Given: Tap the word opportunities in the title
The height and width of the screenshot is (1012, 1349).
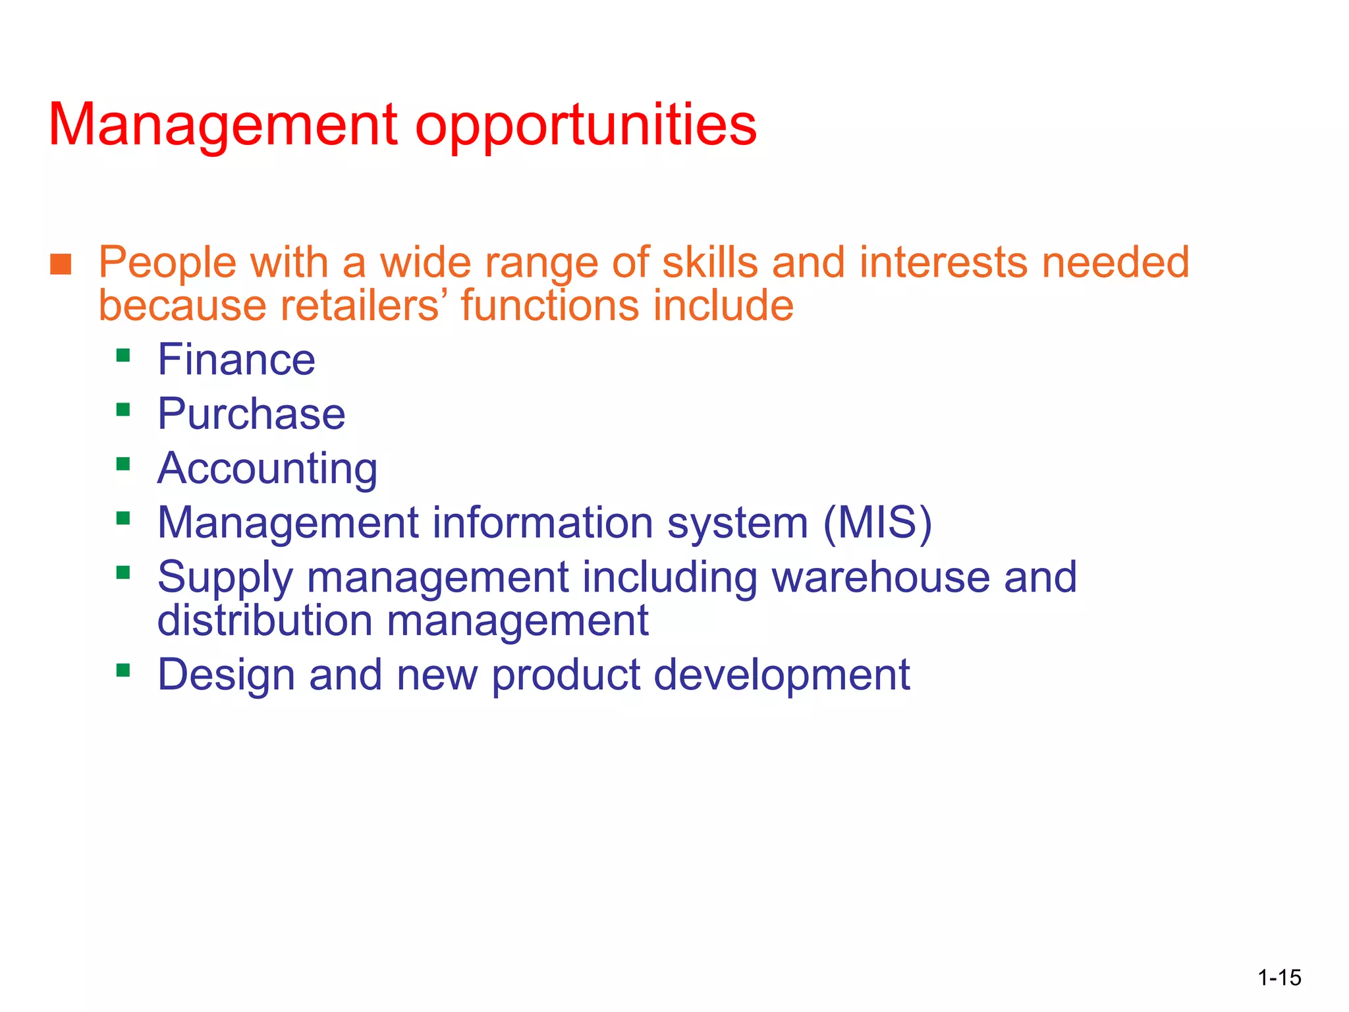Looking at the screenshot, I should pyautogui.click(x=586, y=126).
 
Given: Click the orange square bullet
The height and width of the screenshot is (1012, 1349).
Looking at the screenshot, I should pyautogui.click(x=61, y=264).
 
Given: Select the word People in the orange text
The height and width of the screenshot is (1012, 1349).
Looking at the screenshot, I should pyautogui.click(x=167, y=264).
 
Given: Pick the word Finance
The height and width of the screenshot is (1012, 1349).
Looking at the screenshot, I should pyautogui.click(x=236, y=360).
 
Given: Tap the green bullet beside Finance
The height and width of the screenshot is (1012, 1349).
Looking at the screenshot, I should pyautogui.click(x=123, y=356).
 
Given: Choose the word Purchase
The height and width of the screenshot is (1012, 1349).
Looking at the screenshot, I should pyautogui.click(x=251, y=414).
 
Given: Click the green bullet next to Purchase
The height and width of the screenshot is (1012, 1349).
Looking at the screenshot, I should pyautogui.click(x=123, y=410).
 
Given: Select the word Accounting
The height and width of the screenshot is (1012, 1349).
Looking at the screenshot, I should pyautogui.click(x=267, y=469).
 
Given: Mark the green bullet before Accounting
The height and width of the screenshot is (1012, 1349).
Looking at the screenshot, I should pyautogui.click(x=123, y=464).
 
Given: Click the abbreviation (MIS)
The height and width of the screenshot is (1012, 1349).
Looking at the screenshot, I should pyautogui.click(x=877, y=522).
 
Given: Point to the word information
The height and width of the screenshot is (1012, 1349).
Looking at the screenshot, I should pyautogui.click(x=543, y=522).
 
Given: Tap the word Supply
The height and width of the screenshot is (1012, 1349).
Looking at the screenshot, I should pyautogui.click(x=225, y=578).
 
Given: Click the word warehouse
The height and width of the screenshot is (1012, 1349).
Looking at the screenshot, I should pyautogui.click(x=881, y=577).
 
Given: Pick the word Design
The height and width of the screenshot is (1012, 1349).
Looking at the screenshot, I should pyautogui.click(x=226, y=676).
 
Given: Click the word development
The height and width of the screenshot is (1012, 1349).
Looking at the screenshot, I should pyautogui.click(x=781, y=676).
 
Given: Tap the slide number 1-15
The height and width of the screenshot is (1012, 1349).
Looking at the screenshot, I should pyautogui.click(x=1279, y=978).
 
